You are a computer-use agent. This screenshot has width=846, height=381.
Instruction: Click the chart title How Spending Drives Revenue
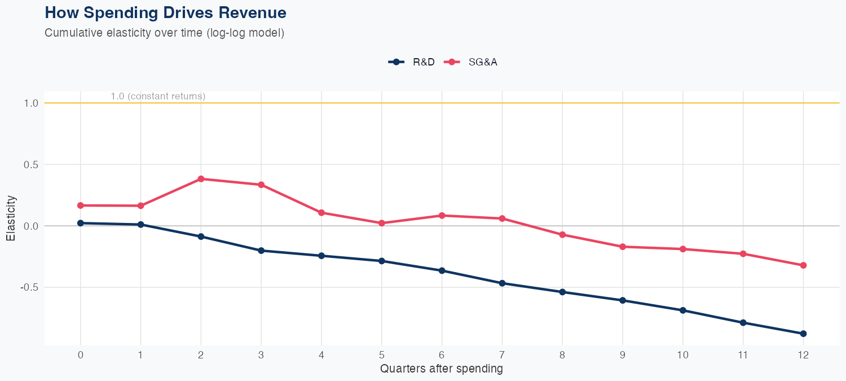[x=165, y=12]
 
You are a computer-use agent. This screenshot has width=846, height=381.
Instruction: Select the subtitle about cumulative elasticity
[x=164, y=33]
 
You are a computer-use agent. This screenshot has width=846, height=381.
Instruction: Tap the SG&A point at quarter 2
[x=201, y=179]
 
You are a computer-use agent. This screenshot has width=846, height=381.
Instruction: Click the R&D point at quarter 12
[x=803, y=334]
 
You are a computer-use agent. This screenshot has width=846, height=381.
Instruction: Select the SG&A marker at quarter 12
[x=803, y=265]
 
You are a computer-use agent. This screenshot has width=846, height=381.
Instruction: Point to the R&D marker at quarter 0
[x=81, y=223]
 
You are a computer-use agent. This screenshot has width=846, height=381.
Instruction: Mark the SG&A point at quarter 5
[x=382, y=223]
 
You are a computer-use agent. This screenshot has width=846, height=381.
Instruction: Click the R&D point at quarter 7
[x=502, y=283]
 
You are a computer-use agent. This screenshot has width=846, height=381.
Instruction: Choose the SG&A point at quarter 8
[x=562, y=234]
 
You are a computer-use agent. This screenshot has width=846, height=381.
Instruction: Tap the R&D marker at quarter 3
[x=261, y=250]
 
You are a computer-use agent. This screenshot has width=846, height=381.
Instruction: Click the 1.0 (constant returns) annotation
[x=158, y=97]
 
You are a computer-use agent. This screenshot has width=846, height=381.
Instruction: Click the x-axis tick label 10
[x=682, y=355]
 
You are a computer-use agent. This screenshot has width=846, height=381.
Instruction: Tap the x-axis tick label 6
[x=442, y=355]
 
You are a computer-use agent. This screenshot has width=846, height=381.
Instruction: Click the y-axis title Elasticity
[x=11, y=218]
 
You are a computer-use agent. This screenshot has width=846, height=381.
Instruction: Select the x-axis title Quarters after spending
[x=442, y=369]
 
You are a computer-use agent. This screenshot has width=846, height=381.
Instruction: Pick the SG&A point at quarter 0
[x=81, y=205]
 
